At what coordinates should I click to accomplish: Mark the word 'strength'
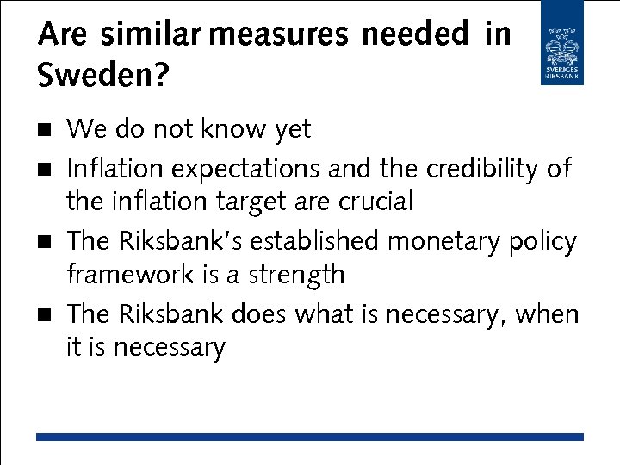[x=297, y=276]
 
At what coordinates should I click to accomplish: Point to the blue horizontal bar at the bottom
[x=310, y=437]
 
